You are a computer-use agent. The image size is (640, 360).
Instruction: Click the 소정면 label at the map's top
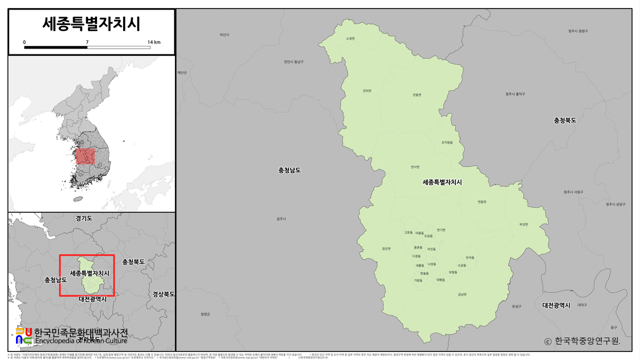point(350,38)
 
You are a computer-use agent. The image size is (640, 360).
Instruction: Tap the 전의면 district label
point(367,90)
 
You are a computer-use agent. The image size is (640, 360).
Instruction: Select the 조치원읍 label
point(447,142)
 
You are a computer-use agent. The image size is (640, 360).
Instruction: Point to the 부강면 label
point(523,224)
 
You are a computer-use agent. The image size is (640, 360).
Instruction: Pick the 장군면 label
point(387,249)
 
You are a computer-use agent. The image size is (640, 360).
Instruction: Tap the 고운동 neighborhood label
point(409,233)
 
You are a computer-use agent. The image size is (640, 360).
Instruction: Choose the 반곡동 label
point(470,257)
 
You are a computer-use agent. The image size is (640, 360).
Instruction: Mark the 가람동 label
point(418,280)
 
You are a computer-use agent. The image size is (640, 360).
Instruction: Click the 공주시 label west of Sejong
point(282,219)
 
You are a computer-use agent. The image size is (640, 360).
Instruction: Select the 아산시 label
point(225,35)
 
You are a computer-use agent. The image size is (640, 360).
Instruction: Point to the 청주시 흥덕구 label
point(515,94)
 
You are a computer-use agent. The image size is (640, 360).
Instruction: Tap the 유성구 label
point(516,306)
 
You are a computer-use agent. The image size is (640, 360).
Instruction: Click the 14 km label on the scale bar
point(154,41)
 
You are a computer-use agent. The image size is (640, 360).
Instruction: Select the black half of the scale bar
point(55,47)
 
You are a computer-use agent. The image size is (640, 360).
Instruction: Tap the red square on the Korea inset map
point(85,156)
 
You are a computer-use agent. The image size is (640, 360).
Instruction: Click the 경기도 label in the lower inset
point(84,218)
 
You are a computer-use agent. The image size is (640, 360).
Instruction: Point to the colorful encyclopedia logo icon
point(24,335)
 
